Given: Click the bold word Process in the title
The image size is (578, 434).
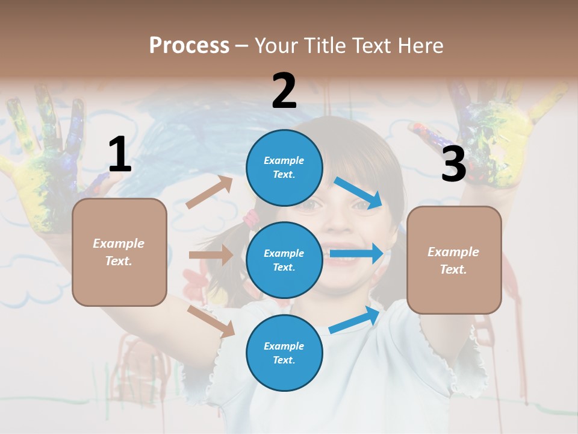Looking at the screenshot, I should pyautogui.click(x=189, y=45).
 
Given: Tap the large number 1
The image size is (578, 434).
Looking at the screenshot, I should pyautogui.click(x=120, y=154).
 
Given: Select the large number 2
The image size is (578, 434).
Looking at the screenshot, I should pyautogui.click(x=284, y=90).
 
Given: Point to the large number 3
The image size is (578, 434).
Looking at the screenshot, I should pyautogui.click(x=453, y=164).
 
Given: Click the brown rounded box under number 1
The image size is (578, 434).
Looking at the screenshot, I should pyautogui.click(x=119, y=252).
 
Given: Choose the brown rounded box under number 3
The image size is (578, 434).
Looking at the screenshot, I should pyautogui.click(x=454, y=260).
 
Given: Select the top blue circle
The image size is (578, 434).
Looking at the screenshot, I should pyautogui.click(x=284, y=168).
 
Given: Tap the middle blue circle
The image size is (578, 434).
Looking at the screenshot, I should pyautogui.click(x=284, y=260).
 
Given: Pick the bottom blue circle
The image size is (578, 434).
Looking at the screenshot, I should pyautogui.click(x=284, y=353).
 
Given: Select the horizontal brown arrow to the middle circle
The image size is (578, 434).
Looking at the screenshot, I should pyautogui.click(x=211, y=255).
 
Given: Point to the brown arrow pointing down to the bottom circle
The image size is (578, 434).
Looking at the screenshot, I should pyautogui.click(x=211, y=321).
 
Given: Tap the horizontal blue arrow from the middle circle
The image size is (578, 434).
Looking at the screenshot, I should pyautogui.click(x=356, y=253).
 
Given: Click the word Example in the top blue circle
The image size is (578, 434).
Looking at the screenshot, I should pyautogui.click(x=284, y=160).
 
